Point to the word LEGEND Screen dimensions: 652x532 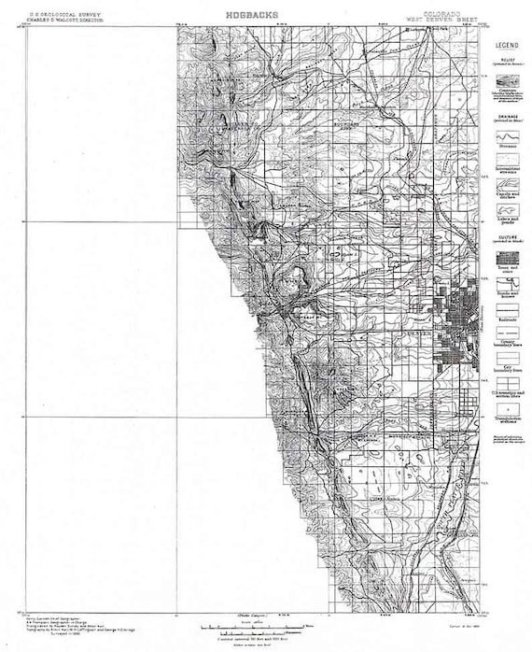(508, 45)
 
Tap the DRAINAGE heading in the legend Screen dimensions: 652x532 (508, 118)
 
